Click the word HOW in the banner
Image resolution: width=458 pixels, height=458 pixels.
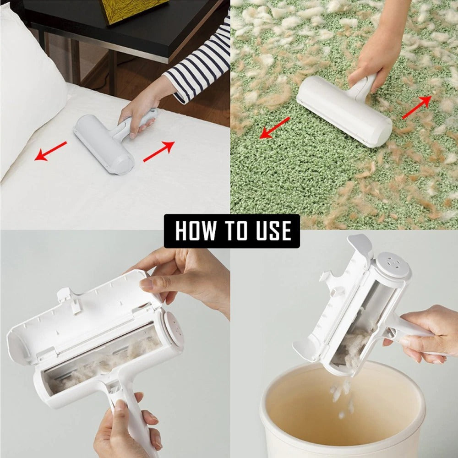tap(195, 231)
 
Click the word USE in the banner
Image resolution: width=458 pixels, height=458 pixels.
tap(270, 231)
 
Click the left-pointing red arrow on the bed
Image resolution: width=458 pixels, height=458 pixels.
tap(50, 151)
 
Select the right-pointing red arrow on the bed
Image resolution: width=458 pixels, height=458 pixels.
tap(159, 151)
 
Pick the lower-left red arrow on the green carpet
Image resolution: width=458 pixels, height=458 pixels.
tap(274, 128)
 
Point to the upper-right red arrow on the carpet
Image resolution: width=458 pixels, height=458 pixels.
tap(417, 107)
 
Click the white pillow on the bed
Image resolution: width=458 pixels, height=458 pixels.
tap(27, 82)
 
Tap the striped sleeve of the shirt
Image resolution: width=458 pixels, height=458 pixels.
tap(202, 64)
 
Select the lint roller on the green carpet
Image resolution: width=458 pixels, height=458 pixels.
tap(343, 110)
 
